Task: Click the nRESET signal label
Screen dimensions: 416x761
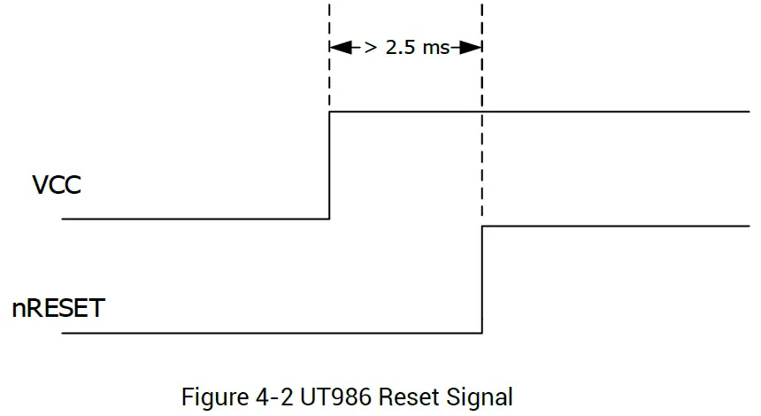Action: (58, 309)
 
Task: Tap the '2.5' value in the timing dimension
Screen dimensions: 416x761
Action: (402, 48)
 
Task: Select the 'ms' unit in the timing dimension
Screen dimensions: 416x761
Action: (435, 48)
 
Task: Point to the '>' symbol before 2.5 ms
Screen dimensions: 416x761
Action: (371, 48)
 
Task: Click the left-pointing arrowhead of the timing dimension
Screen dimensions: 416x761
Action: (337, 48)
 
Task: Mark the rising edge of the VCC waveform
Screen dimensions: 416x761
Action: (329, 166)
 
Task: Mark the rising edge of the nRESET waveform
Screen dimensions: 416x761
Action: (482, 280)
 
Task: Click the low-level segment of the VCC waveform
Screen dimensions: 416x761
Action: (195, 219)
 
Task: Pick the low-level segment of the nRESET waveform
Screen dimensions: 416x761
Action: (265, 334)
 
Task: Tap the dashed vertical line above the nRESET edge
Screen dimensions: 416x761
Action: (482, 133)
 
